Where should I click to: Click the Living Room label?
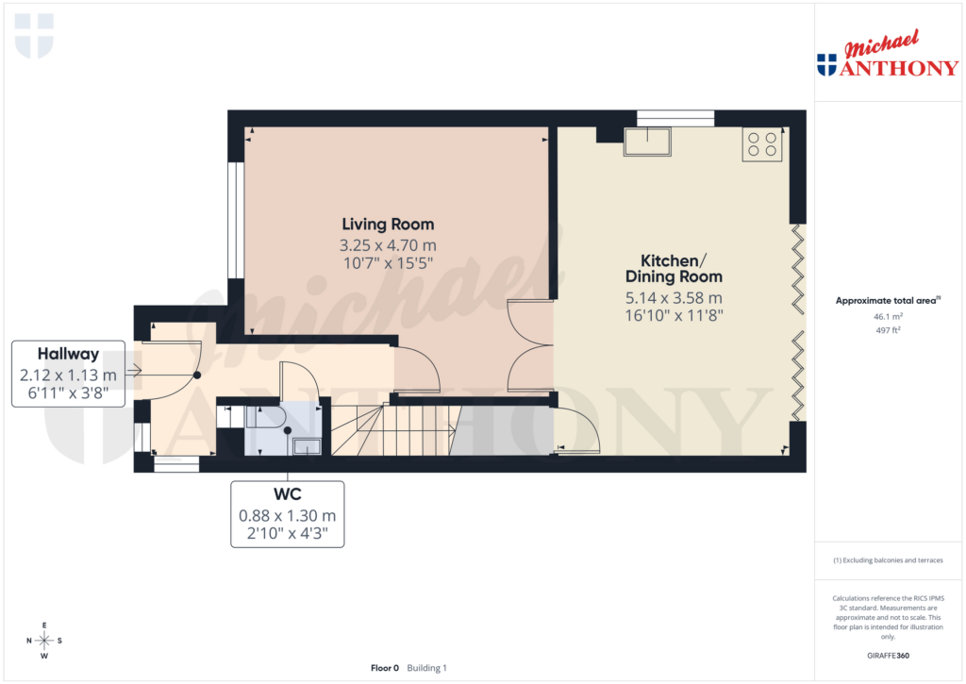[x=388, y=225]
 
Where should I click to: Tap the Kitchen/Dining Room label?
[x=674, y=268]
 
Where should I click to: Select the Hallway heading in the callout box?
[x=68, y=354]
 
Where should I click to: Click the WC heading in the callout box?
[x=288, y=494]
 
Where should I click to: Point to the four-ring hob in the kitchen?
[x=761, y=143]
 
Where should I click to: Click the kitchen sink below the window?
[x=647, y=142]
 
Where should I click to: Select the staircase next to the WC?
[x=391, y=429]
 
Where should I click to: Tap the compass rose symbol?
[x=44, y=641]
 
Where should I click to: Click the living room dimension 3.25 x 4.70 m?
[x=388, y=245]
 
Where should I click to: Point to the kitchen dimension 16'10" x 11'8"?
[x=674, y=315]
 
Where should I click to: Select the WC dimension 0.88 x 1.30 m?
[x=288, y=516]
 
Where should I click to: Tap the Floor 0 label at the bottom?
[x=384, y=668]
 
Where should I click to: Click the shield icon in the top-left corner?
[x=34, y=35]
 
